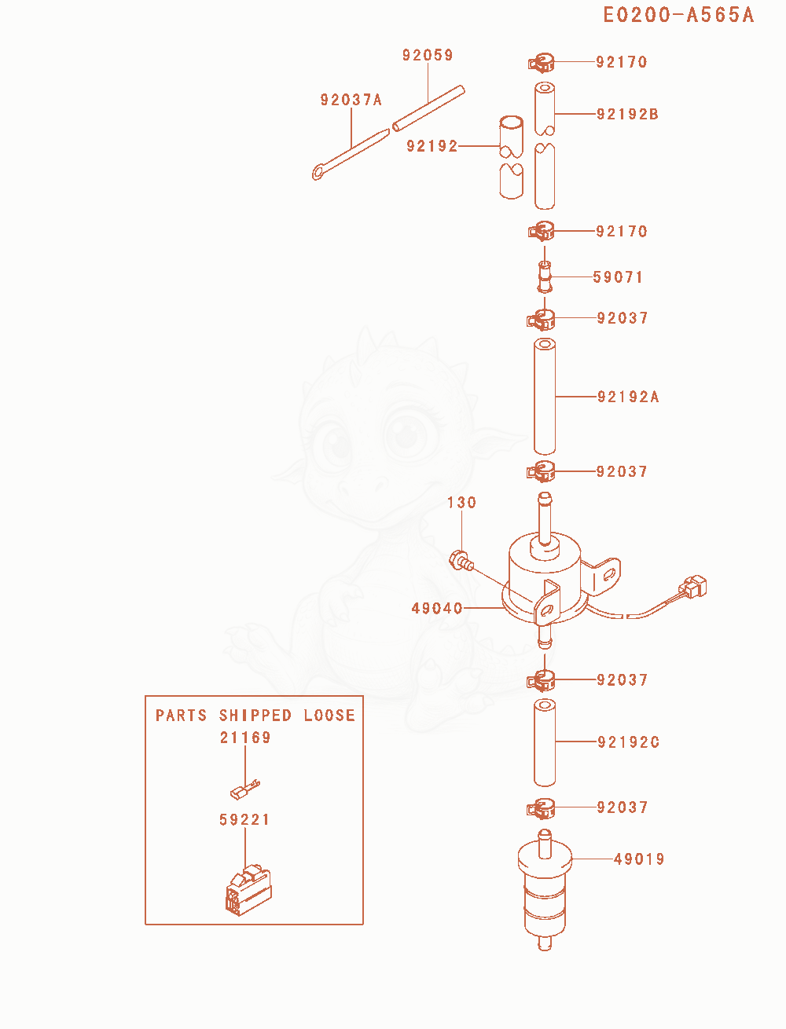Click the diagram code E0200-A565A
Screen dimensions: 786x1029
[678, 15]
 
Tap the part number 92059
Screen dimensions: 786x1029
[428, 55]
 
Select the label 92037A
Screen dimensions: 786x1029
[351, 100]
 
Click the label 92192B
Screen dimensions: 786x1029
[627, 114]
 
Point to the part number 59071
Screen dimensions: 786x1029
[618, 277]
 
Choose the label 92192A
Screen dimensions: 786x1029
[628, 397]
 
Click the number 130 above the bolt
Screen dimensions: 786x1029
[461, 503]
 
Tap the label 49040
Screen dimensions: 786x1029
[437, 609]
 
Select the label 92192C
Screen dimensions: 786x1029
[629, 742]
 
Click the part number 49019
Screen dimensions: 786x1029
[639, 859]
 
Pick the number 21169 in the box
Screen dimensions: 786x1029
[245, 738]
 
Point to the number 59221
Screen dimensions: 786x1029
[244, 819]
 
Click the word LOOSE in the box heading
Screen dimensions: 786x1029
[329, 716]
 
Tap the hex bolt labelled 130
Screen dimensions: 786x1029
[461, 561]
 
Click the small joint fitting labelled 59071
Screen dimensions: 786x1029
[545, 277]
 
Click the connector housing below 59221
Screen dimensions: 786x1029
[248, 889]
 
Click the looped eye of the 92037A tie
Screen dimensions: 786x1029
[319, 172]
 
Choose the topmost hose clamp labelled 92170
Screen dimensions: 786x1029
[542, 63]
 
